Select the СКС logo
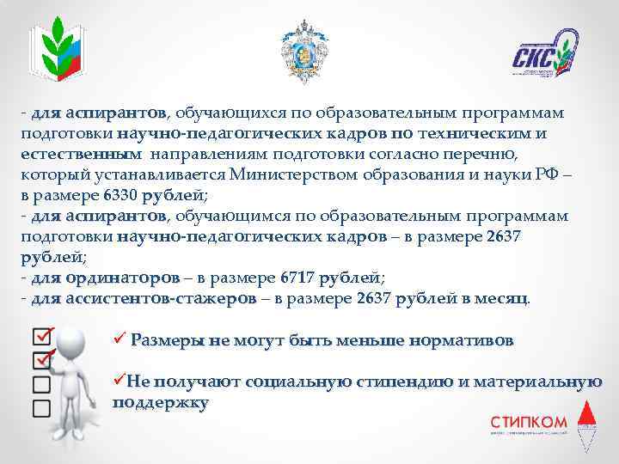[x=545, y=55]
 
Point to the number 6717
[x=298, y=278]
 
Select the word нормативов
[x=463, y=340]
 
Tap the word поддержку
[x=161, y=402]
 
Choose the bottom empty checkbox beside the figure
[x=40, y=404]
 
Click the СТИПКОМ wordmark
[x=529, y=422]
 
